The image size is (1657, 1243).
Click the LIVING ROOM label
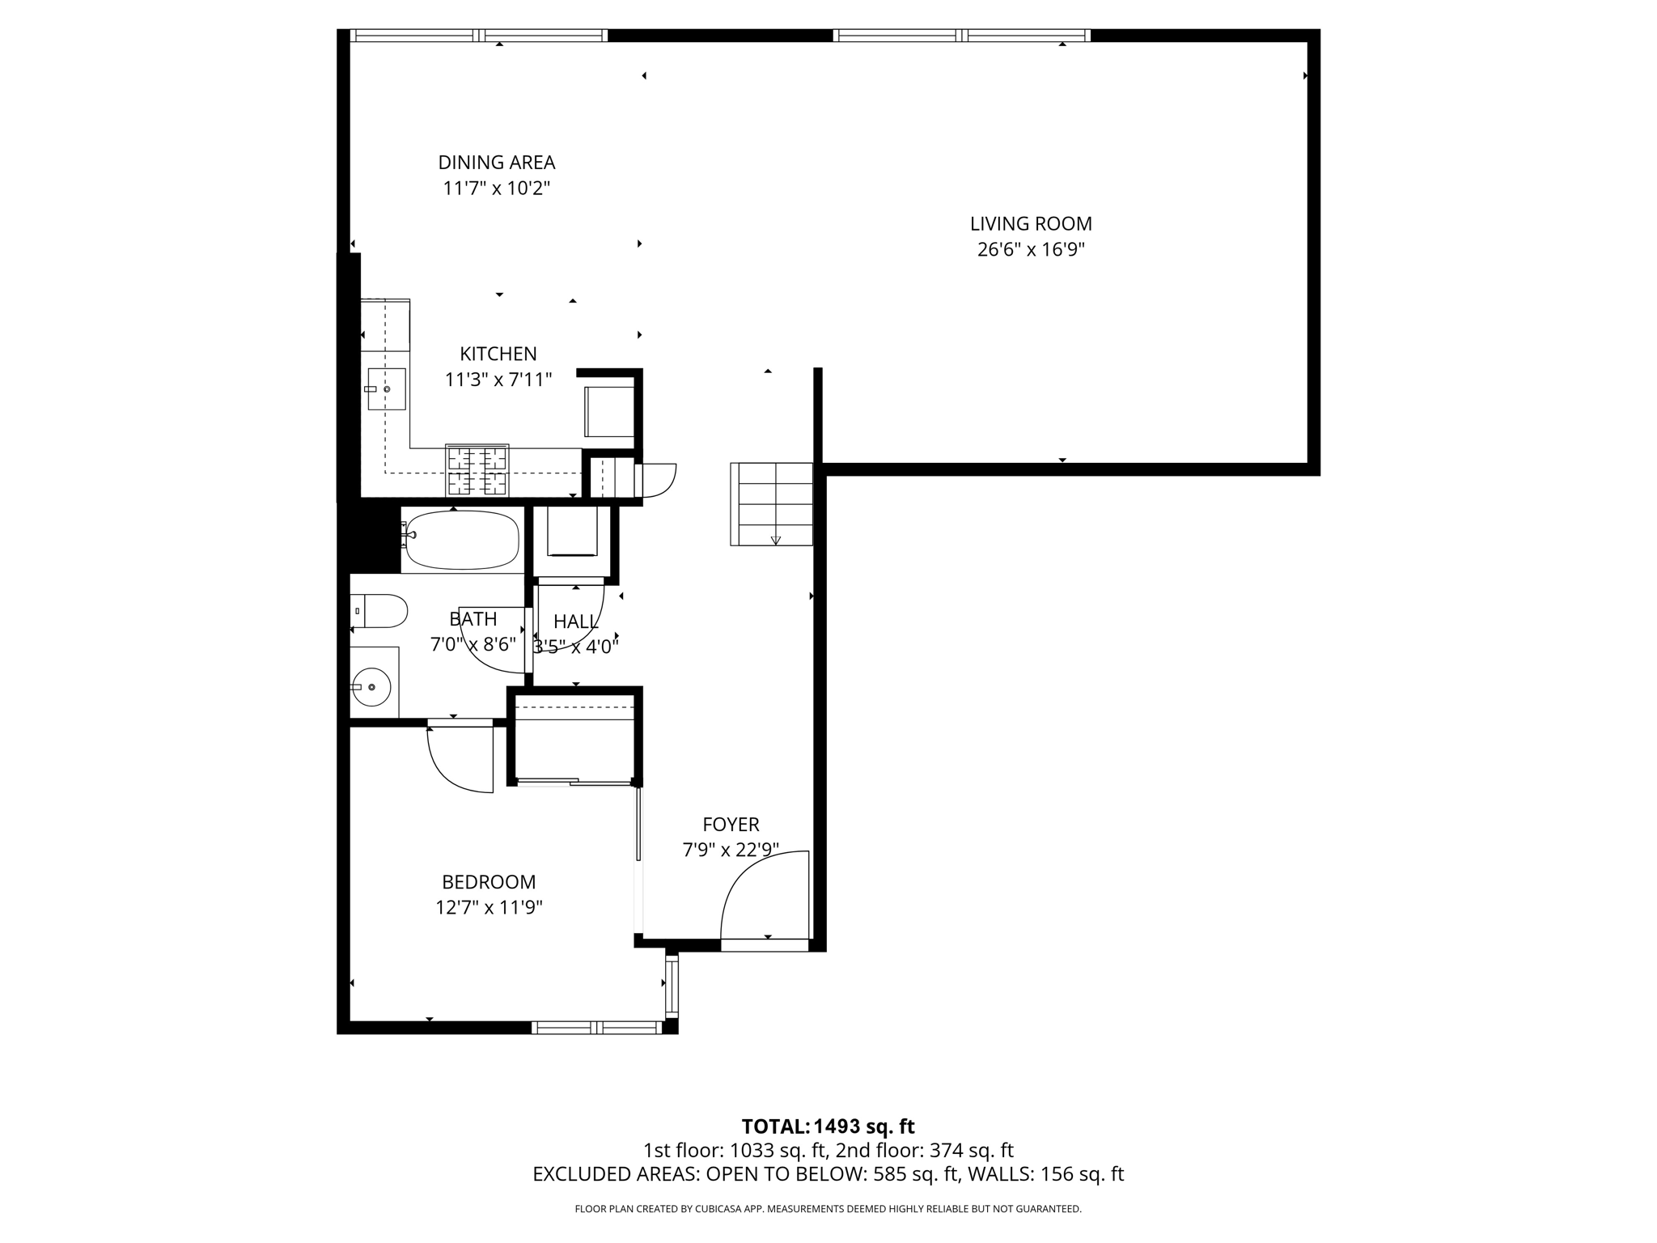click(1031, 224)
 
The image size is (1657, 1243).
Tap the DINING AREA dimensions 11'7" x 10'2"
click(496, 189)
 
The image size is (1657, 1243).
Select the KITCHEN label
click(498, 354)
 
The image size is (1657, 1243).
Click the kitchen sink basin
click(387, 389)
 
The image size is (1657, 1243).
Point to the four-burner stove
click(477, 470)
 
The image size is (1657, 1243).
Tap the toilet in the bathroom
click(380, 611)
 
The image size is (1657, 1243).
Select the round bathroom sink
click(371, 687)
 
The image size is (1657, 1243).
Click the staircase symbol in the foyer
click(771, 504)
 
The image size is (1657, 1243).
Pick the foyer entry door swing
click(765, 894)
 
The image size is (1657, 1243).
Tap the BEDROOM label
click(489, 882)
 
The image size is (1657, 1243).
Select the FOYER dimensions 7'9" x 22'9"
click(731, 851)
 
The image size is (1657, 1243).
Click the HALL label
click(576, 621)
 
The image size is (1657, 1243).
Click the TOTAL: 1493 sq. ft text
click(828, 1126)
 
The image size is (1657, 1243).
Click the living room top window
click(961, 36)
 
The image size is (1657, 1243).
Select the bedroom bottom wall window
click(597, 1028)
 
